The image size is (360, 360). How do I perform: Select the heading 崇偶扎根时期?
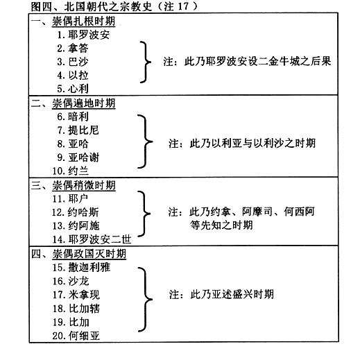pos(83,22)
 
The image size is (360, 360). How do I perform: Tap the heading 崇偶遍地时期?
pos(83,103)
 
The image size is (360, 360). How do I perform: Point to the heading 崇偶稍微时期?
pos(84,185)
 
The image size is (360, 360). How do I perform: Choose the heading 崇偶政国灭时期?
pos(89,254)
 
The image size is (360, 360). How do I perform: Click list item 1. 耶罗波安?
pos(83,35)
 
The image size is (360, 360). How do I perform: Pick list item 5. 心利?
pos(73,89)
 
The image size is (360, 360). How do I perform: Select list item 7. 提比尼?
pos(78,130)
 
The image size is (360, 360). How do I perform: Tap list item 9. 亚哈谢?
pos(78,157)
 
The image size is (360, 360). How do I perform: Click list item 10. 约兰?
pos(70,171)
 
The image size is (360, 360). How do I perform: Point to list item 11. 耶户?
pos(70,198)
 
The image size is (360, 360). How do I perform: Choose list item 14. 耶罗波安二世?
pos(92,239)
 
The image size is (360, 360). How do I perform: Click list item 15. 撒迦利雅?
pos(81,268)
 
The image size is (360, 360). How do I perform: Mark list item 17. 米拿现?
pos(76,295)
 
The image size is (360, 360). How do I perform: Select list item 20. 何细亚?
pos(76,336)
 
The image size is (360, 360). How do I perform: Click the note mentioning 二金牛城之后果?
pos(247,62)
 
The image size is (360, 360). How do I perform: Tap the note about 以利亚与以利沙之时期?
pos(242,144)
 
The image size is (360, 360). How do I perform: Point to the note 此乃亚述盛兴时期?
pos(221,295)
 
